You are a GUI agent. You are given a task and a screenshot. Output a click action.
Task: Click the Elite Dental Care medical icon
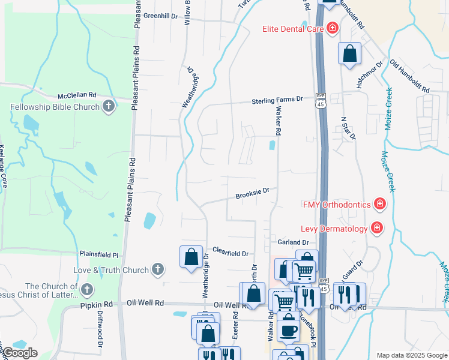(x=331, y=28)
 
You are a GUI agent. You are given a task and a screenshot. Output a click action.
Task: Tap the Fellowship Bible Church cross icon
(x=109, y=107)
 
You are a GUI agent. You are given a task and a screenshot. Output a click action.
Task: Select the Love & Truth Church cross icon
(x=158, y=269)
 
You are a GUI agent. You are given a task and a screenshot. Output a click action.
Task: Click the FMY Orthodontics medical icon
(x=379, y=205)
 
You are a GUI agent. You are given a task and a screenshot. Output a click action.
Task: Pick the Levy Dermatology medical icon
(x=376, y=229)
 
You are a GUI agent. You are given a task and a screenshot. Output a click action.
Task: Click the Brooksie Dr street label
(x=252, y=193)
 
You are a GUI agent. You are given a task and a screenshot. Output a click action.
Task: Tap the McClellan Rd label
(x=77, y=95)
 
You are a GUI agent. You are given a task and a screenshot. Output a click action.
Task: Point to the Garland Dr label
(x=293, y=242)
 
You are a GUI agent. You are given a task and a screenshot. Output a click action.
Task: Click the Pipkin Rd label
(x=97, y=304)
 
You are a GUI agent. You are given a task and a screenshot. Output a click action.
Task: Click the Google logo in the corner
(x=20, y=353)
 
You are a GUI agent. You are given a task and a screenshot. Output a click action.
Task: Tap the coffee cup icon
(x=288, y=329)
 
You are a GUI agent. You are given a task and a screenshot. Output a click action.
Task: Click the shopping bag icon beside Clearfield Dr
(x=191, y=257)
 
